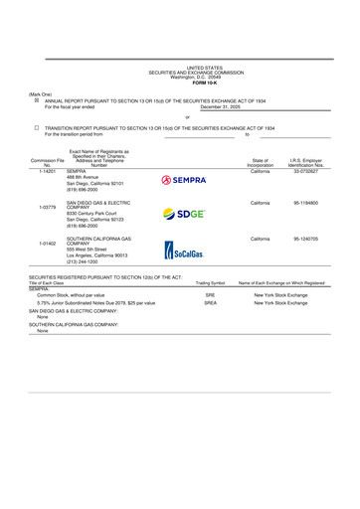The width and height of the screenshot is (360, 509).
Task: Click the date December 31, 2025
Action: [x=222, y=106]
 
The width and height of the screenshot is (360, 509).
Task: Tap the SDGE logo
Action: [x=184, y=214]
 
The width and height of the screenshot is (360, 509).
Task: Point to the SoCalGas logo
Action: [x=184, y=250]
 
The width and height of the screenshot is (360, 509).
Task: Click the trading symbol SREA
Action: [x=210, y=302]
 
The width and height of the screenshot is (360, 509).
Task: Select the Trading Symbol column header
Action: [x=210, y=283]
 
